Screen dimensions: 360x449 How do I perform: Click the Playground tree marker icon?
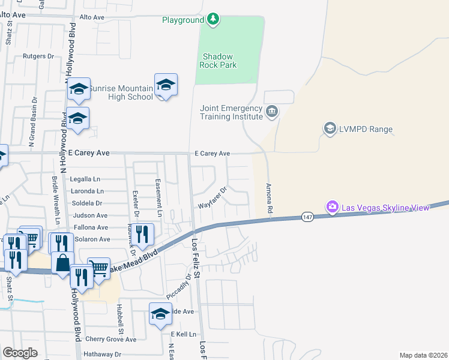click(x=212, y=20)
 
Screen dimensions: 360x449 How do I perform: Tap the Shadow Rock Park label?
click(x=217, y=61)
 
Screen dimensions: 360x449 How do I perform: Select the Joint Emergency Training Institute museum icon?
click(x=272, y=111)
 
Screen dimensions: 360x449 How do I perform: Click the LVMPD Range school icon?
click(x=330, y=128)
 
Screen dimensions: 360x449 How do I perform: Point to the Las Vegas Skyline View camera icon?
click(x=332, y=207)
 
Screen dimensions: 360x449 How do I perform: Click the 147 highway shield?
click(x=307, y=216)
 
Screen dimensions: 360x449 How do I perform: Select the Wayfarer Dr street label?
click(x=214, y=198)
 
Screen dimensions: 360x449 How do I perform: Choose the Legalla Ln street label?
click(x=84, y=179)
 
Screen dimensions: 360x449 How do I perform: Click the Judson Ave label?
click(x=89, y=215)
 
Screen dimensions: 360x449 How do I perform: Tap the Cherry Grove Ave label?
click(x=110, y=339)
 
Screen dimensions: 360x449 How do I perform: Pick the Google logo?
click(x=20, y=353)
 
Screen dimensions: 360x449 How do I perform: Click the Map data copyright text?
click(x=423, y=355)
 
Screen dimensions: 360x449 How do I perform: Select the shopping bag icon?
click(x=62, y=262)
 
